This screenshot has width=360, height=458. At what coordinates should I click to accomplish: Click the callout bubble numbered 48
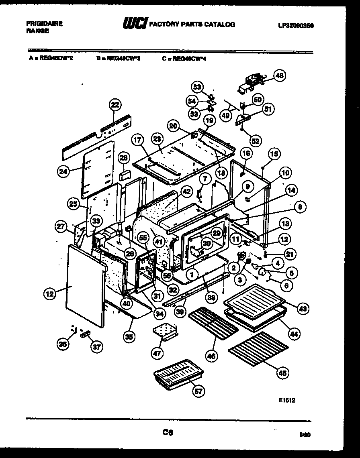(279, 75)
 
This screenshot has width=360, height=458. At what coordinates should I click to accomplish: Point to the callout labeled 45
(283, 373)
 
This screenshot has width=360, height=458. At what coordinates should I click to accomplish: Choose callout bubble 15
(274, 154)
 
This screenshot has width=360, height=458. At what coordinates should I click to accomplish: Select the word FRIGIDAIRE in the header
(44, 24)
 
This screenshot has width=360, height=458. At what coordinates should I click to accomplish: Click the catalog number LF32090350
(295, 25)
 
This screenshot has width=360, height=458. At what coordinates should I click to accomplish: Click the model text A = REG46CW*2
(50, 58)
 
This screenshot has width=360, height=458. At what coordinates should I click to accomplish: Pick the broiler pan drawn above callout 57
(177, 374)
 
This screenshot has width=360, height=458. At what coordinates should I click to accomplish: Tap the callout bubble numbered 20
(173, 126)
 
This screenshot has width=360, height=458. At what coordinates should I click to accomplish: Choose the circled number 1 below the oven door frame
(192, 275)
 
